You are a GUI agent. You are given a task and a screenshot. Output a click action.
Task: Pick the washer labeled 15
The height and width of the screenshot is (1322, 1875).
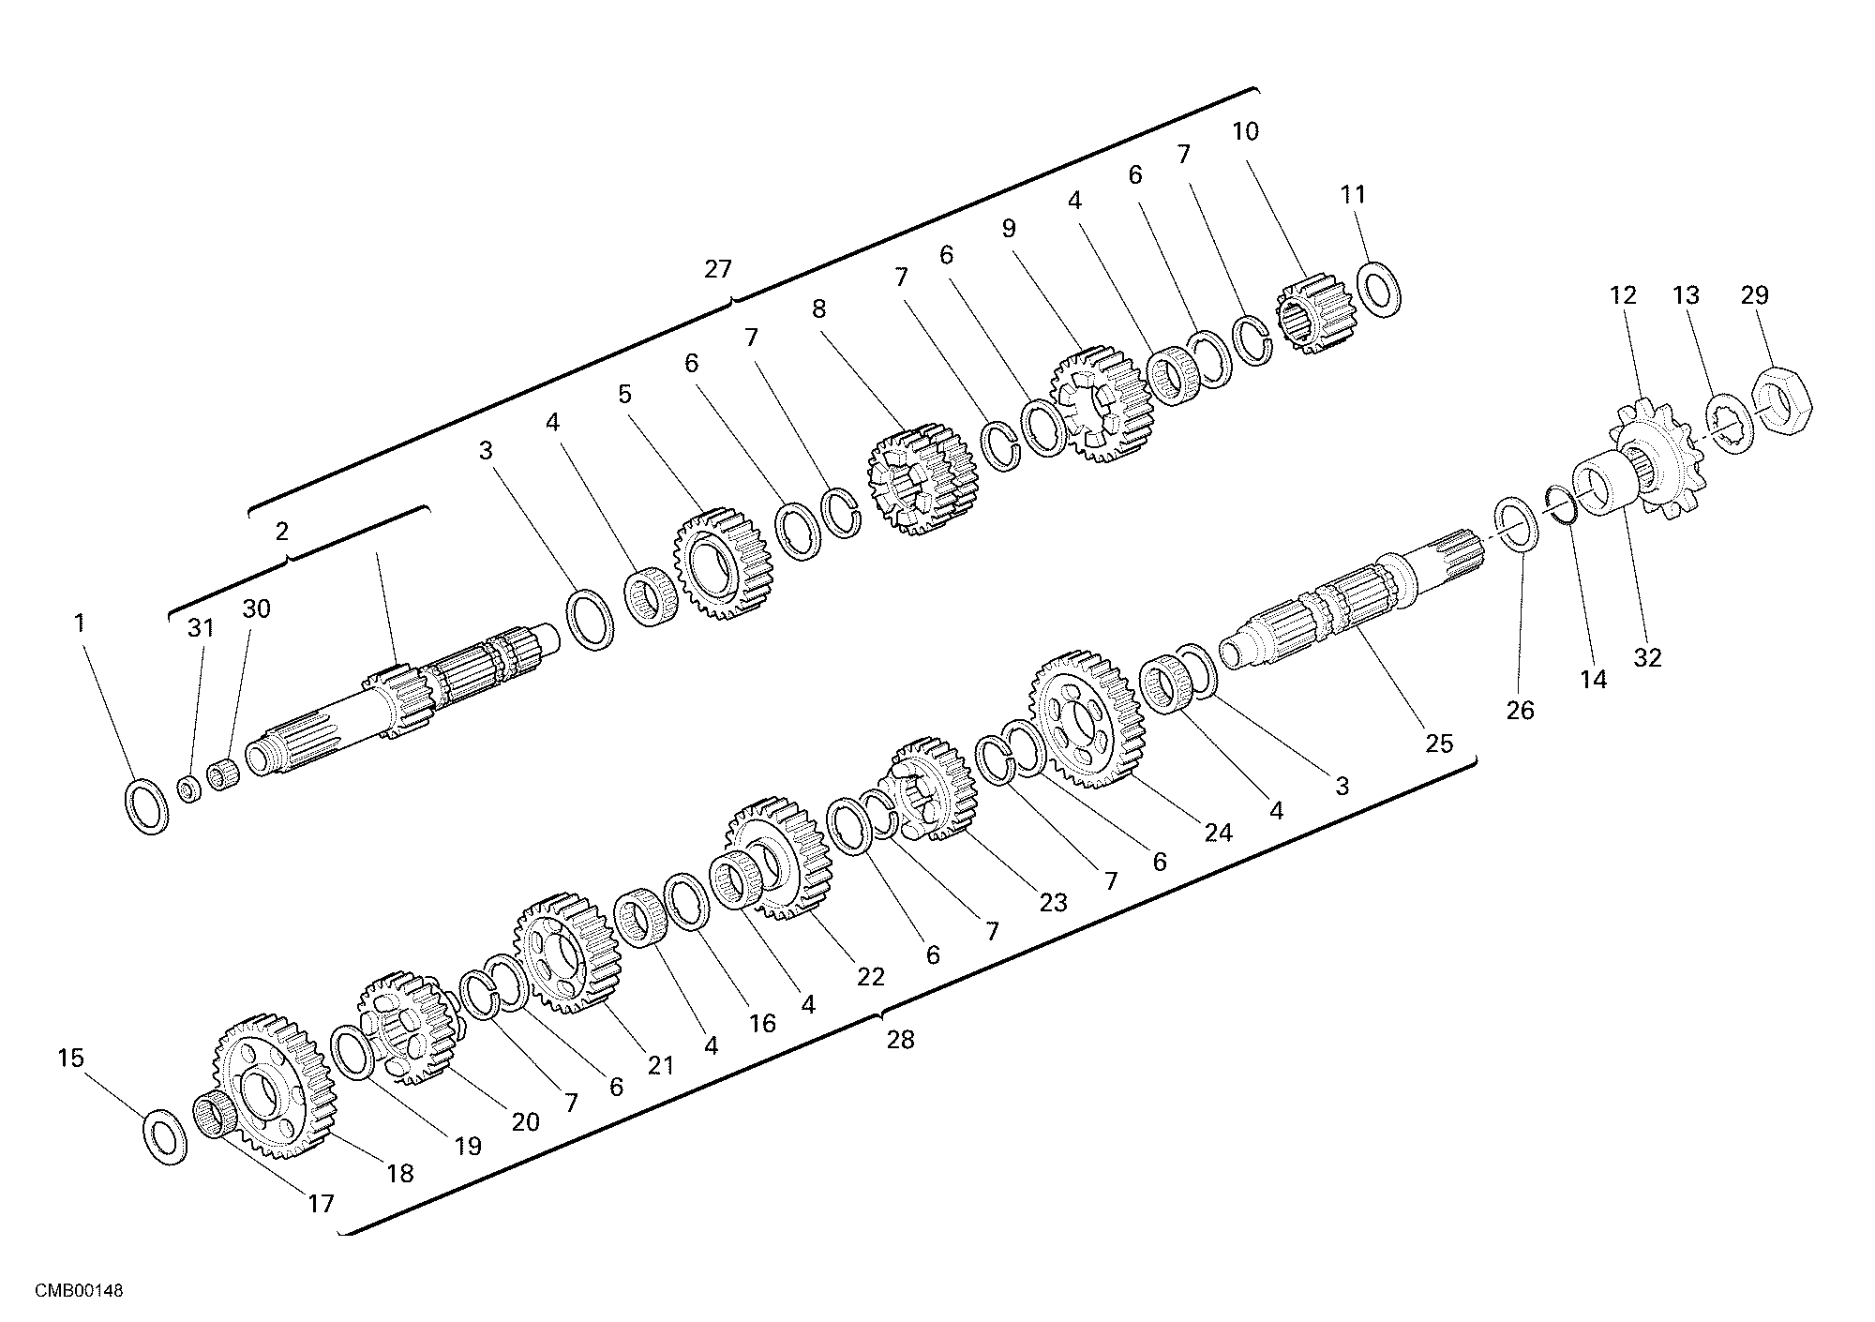pyautogui.click(x=165, y=1136)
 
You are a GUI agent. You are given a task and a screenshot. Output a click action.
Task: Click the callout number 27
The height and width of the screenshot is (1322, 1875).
pyautogui.click(x=717, y=269)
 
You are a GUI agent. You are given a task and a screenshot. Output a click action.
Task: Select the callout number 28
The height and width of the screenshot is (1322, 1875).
pyautogui.click(x=900, y=1039)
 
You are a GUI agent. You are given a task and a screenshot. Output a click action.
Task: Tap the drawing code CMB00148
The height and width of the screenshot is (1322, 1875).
pyautogui.click(x=80, y=1291)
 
